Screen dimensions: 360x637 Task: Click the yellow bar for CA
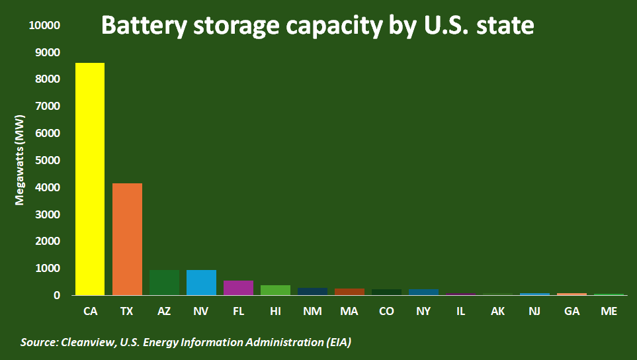(x=90, y=179)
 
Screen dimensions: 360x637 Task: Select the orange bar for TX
(x=127, y=239)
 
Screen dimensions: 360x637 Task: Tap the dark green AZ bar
(x=164, y=283)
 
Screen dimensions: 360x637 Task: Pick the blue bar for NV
(x=201, y=283)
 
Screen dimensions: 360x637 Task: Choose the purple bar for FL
(x=238, y=288)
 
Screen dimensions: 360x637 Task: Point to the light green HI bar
(x=275, y=290)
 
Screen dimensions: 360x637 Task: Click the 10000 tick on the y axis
(x=45, y=26)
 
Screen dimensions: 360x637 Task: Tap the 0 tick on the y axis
(x=57, y=296)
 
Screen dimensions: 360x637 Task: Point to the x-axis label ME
(x=609, y=310)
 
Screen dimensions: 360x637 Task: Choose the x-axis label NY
(x=423, y=310)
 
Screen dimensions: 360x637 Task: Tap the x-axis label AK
(x=498, y=310)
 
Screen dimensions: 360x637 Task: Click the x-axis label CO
(x=386, y=310)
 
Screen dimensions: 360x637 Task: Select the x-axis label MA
(x=349, y=310)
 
